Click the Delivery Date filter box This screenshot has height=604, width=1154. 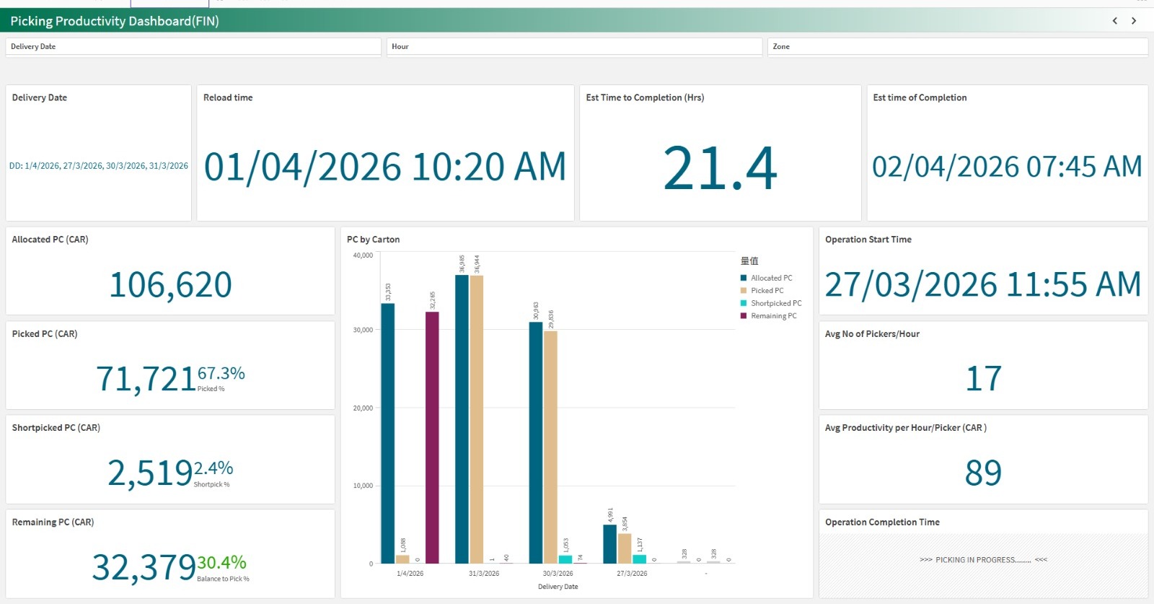(x=193, y=46)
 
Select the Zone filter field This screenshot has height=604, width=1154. (x=957, y=46)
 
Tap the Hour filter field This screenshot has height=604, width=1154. (x=574, y=46)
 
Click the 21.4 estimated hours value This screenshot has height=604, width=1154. (x=720, y=169)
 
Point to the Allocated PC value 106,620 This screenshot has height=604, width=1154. (x=170, y=284)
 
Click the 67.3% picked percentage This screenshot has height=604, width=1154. (x=221, y=373)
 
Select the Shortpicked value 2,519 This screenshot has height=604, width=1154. (x=150, y=473)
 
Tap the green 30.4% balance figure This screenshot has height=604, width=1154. (x=222, y=562)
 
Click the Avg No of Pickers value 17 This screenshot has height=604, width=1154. (x=983, y=379)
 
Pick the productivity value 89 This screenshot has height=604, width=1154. (x=983, y=473)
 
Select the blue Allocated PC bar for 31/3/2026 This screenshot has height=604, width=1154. (x=462, y=419)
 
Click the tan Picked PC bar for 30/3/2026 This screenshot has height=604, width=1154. (x=550, y=447)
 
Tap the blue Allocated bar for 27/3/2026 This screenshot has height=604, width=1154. (x=609, y=544)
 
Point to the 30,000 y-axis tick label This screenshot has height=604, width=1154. (x=363, y=330)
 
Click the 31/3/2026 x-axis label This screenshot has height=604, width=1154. (x=484, y=574)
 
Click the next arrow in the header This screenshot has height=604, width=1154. (x=1134, y=21)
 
